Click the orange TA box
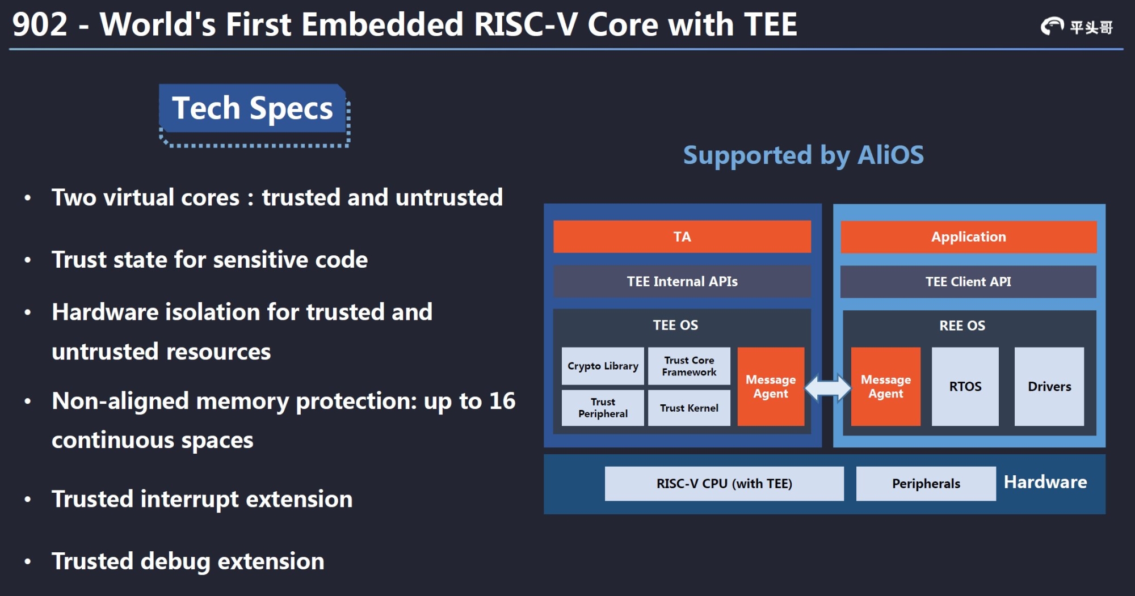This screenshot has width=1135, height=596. click(682, 236)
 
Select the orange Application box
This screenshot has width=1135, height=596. click(968, 236)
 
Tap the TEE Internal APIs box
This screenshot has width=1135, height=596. click(682, 281)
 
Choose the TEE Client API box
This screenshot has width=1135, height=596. click(968, 281)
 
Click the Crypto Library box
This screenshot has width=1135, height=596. click(603, 366)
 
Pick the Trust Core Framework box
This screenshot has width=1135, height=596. click(689, 366)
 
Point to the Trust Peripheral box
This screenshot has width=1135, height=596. click(603, 408)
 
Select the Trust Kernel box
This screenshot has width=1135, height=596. click(689, 408)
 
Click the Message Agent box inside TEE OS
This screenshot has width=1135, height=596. click(771, 387)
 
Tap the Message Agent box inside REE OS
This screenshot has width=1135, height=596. click(885, 387)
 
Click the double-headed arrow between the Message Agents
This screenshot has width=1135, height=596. click(828, 388)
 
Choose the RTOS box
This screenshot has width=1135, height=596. click(965, 387)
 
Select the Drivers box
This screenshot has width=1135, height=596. click(1049, 387)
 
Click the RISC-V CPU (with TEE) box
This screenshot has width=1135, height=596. click(724, 484)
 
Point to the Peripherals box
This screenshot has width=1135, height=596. click(926, 484)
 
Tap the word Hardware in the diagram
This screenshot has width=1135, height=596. click(1045, 482)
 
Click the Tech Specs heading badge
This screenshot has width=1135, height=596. click(253, 108)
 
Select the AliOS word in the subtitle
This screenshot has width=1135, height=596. click(890, 155)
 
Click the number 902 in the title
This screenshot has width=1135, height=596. click(40, 25)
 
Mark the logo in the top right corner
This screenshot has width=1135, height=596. click(1076, 26)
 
